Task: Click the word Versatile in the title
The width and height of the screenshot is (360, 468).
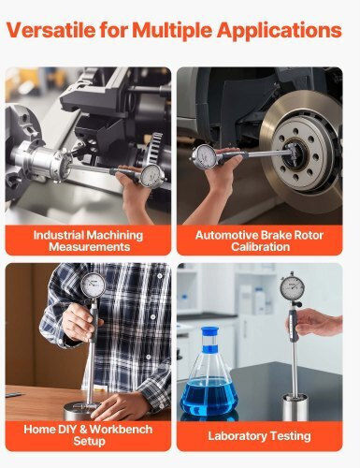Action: (50, 30)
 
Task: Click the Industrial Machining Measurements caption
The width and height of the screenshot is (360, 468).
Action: (88, 241)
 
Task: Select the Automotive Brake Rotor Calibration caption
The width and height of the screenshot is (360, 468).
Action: (259, 241)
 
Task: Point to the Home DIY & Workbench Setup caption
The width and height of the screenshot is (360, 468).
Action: (88, 435)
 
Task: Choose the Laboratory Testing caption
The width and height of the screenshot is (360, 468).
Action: (259, 436)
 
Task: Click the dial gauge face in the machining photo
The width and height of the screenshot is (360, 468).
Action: (151, 176)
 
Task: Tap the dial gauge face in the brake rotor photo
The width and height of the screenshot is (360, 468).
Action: (204, 157)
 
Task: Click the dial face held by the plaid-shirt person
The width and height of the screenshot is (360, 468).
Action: (94, 285)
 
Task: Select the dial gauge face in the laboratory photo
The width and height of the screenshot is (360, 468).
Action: (292, 288)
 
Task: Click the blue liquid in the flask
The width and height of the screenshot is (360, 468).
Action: (209, 398)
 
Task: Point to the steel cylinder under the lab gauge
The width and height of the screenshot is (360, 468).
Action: (295, 407)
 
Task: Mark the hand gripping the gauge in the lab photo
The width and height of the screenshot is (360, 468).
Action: (317, 324)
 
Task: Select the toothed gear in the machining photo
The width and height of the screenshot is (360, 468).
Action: (157, 147)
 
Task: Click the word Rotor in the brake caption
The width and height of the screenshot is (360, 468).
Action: (309, 235)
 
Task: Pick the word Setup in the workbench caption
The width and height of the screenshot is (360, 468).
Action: (89, 442)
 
